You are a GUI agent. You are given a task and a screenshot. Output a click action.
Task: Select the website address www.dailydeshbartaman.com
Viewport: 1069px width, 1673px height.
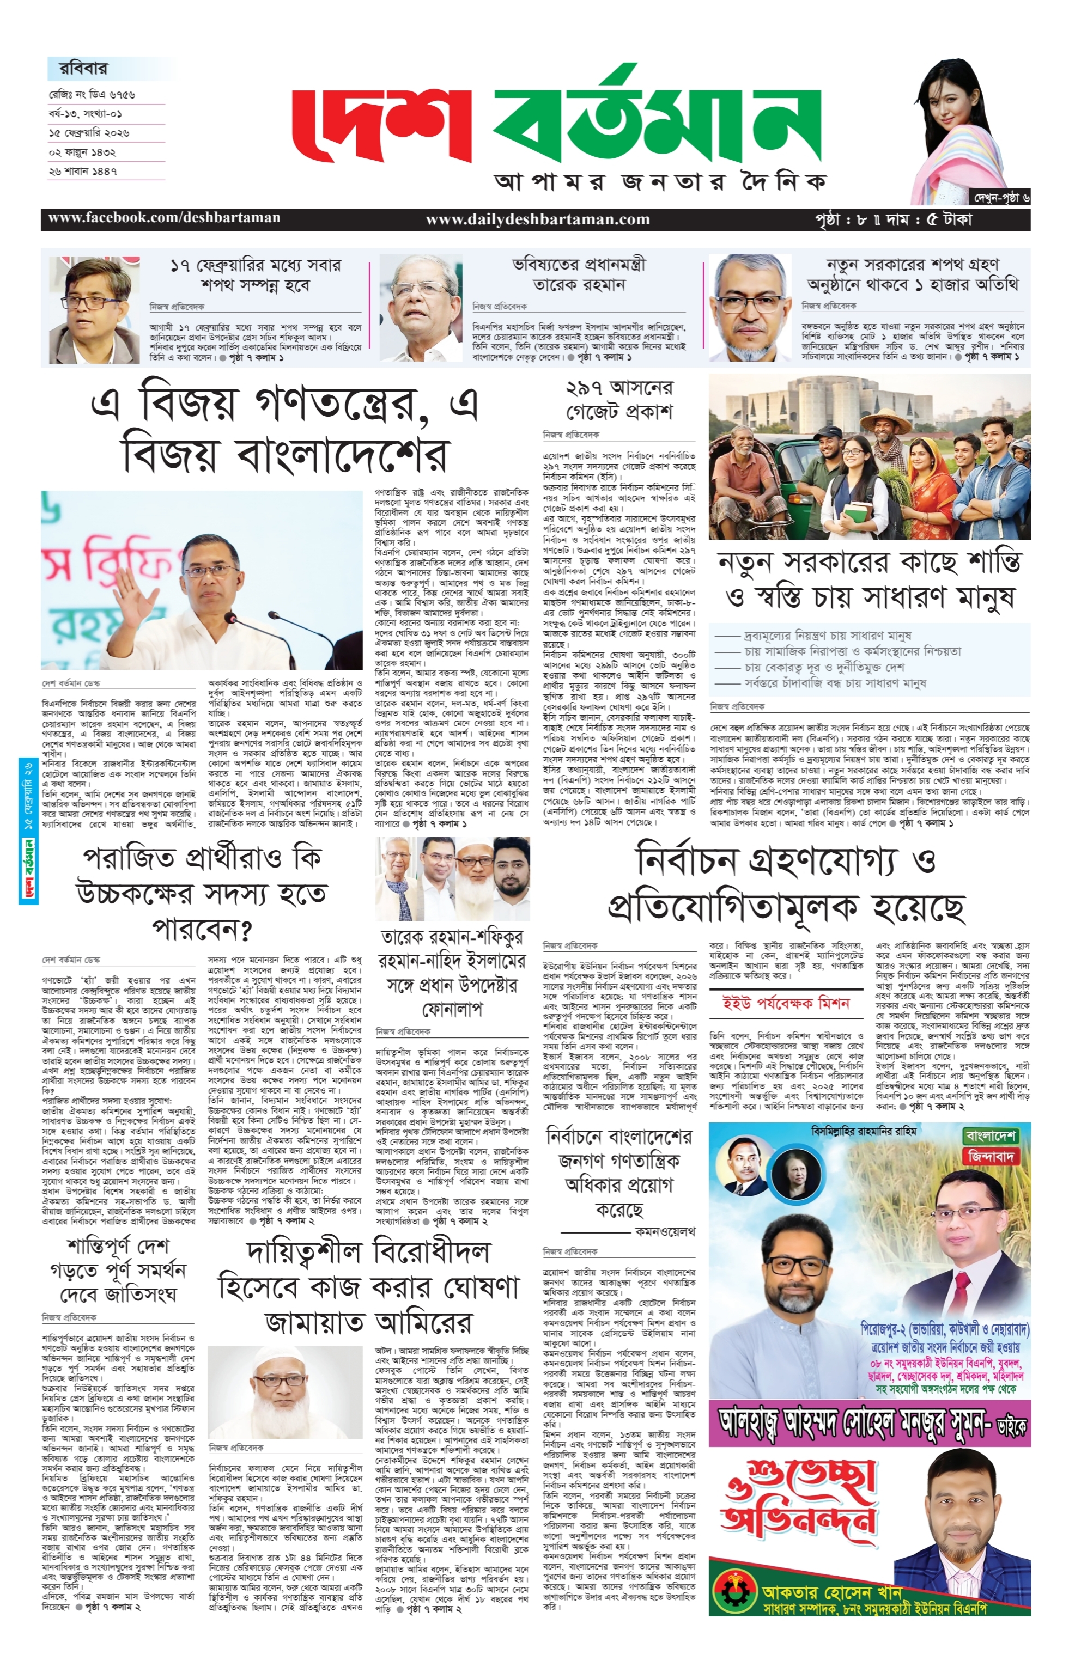(x=537, y=219)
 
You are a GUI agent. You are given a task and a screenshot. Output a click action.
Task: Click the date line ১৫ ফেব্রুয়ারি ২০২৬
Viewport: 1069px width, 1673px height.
(x=89, y=132)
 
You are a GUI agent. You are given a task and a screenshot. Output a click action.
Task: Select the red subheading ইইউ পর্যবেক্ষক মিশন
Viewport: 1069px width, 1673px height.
(x=786, y=1003)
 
